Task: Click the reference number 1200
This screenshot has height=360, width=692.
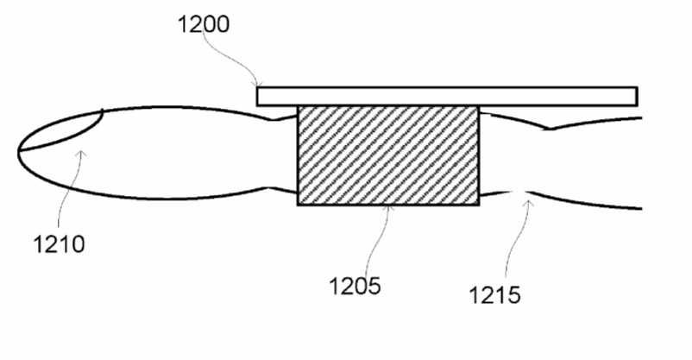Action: click(204, 24)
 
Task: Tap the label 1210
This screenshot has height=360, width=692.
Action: click(59, 243)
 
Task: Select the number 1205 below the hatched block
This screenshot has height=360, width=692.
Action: click(355, 286)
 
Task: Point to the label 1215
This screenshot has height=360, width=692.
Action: click(494, 294)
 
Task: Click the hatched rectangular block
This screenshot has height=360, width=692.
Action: click(388, 155)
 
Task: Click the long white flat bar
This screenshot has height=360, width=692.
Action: click(447, 97)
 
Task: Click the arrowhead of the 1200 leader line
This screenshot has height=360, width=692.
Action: click(258, 85)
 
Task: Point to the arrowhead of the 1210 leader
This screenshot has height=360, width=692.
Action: click(81, 153)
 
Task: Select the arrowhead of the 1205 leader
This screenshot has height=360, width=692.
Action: click(388, 207)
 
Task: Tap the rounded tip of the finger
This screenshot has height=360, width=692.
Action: click(18, 152)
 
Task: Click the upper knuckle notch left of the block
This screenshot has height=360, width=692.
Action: click(274, 119)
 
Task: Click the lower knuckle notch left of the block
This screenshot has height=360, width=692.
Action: click(270, 187)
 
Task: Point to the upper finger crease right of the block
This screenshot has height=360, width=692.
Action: click(548, 129)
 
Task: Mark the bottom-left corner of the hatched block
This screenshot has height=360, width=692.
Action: click(299, 205)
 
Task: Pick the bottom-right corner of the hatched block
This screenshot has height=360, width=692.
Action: click(479, 205)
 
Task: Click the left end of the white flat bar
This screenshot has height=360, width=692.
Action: click(257, 97)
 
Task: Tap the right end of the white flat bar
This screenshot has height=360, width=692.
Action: click(638, 97)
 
